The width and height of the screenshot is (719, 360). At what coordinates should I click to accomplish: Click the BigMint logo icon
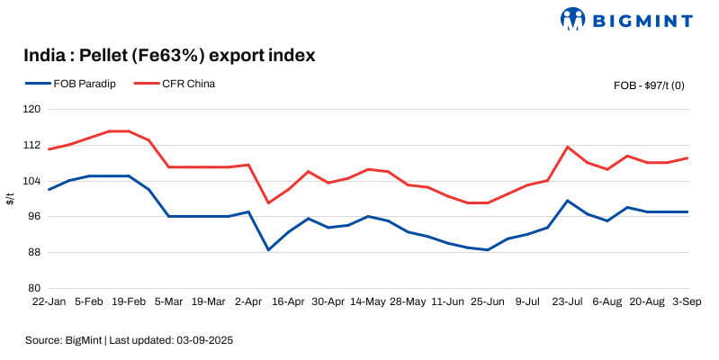[x=573, y=18]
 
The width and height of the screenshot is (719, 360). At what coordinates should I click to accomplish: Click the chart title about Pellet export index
[x=169, y=56]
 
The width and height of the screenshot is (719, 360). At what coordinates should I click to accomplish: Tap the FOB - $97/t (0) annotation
[x=649, y=85]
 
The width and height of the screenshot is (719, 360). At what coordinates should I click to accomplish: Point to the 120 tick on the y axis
[x=33, y=109]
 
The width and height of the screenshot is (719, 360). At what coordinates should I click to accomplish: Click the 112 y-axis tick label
[x=33, y=145]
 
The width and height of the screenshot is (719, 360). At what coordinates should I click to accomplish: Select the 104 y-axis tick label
[x=33, y=181]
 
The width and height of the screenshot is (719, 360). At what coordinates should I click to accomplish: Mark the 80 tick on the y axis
[x=35, y=288]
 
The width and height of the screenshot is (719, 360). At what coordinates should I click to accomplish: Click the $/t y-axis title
[x=10, y=198]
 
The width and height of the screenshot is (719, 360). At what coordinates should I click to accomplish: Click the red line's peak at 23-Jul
[x=568, y=147]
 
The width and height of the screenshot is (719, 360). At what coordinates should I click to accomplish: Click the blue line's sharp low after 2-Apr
[x=268, y=249]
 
